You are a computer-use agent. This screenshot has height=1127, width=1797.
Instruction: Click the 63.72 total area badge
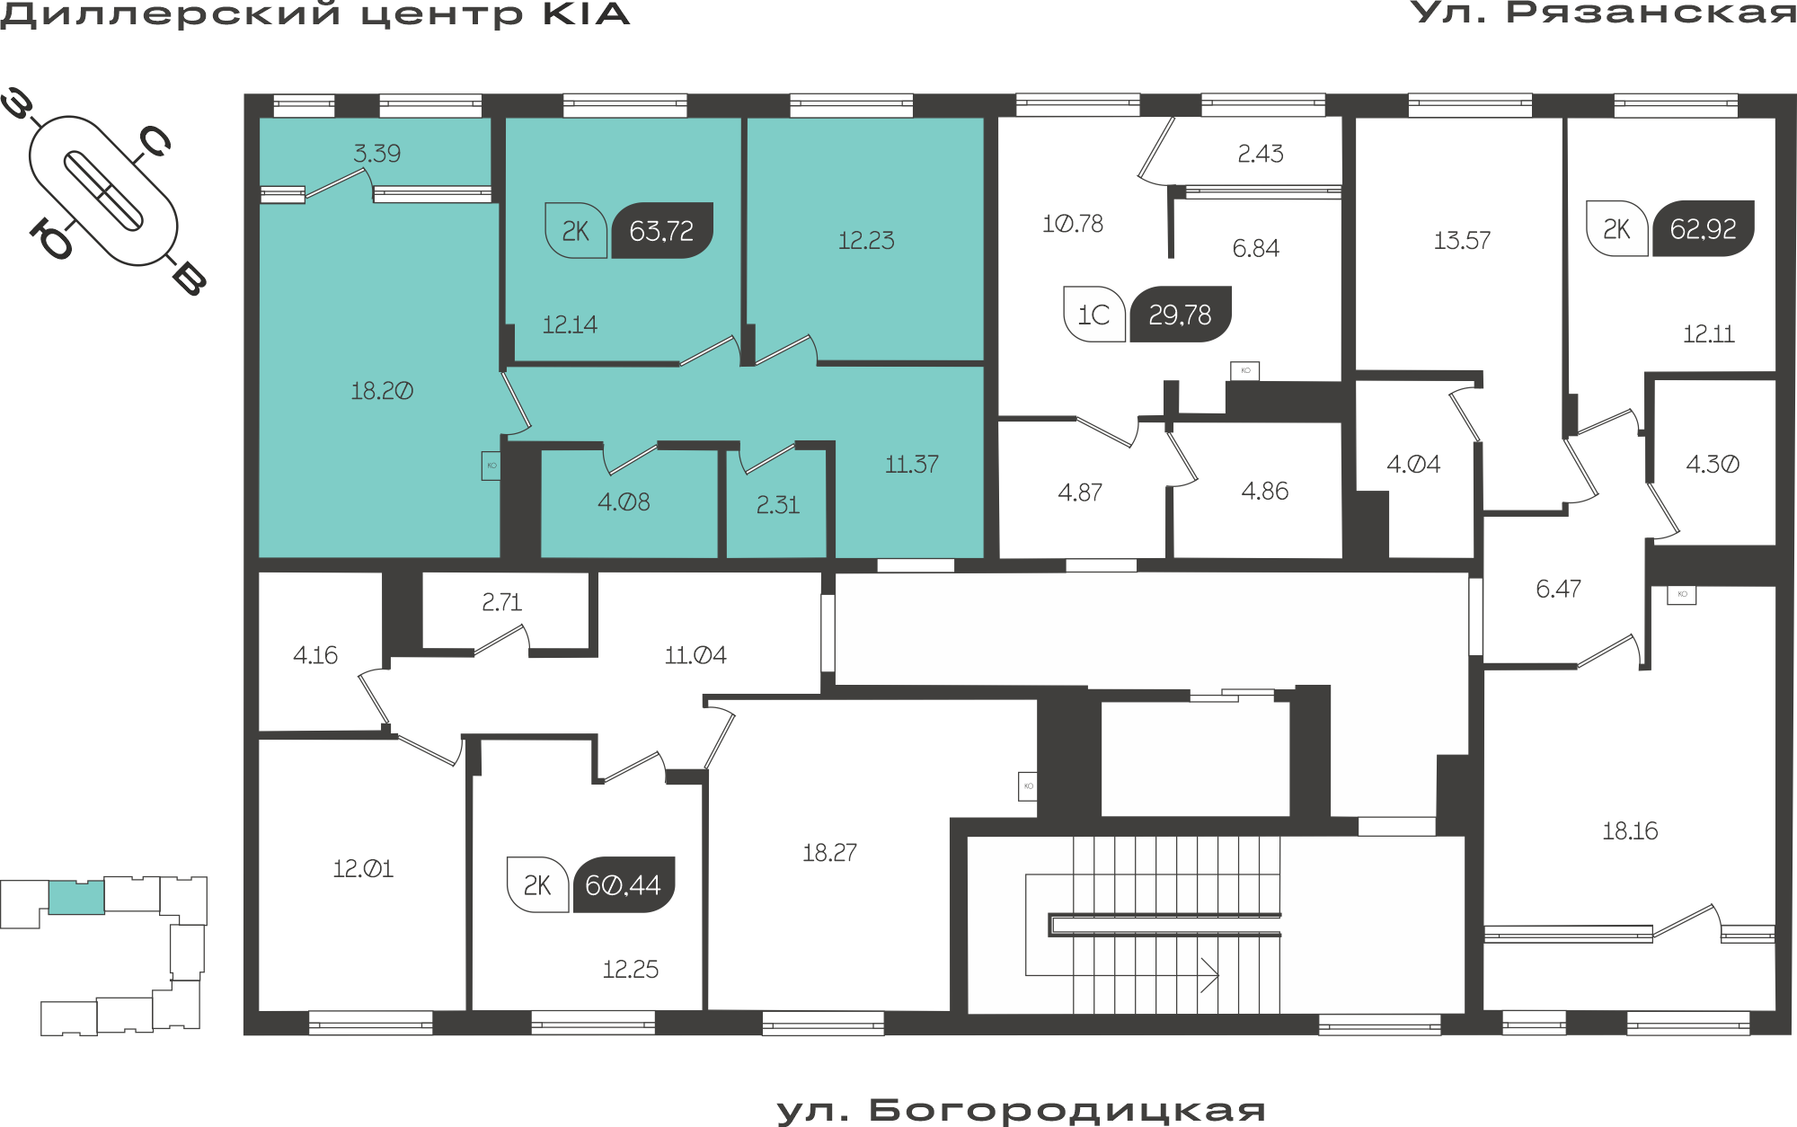point(662,231)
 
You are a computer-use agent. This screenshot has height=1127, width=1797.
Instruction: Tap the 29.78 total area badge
point(1180,315)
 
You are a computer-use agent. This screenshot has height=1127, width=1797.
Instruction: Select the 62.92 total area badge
point(1704,228)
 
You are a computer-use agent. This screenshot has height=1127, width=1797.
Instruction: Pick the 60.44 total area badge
point(624,885)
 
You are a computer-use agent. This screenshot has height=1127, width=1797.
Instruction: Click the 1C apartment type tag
point(1094,315)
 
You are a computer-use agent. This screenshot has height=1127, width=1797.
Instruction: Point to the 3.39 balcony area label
point(377,153)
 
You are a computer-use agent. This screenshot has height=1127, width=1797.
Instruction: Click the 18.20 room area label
point(382,391)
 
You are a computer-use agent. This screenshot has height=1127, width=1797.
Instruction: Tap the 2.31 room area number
point(778,505)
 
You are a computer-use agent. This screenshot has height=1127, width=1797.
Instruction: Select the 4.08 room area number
point(624,501)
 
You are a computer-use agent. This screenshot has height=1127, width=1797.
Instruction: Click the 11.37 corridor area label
point(912,465)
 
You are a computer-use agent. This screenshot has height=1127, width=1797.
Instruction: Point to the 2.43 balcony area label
point(1261,154)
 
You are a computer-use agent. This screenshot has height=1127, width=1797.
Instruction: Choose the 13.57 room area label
point(1462,241)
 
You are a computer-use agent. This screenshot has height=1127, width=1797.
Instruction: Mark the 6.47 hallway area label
point(1558,589)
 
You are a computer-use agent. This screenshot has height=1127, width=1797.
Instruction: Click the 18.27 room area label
point(829,852)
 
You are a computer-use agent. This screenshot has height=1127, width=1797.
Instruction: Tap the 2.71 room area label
point(501,602)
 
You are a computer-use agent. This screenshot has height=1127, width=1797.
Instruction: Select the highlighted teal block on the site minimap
point(76,898)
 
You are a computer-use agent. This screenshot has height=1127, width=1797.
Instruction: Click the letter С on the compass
point(155,141)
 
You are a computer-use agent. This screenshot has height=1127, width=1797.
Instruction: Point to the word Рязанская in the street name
point(1651,13)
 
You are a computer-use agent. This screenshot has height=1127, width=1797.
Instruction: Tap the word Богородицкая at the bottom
point(1067,1111)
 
